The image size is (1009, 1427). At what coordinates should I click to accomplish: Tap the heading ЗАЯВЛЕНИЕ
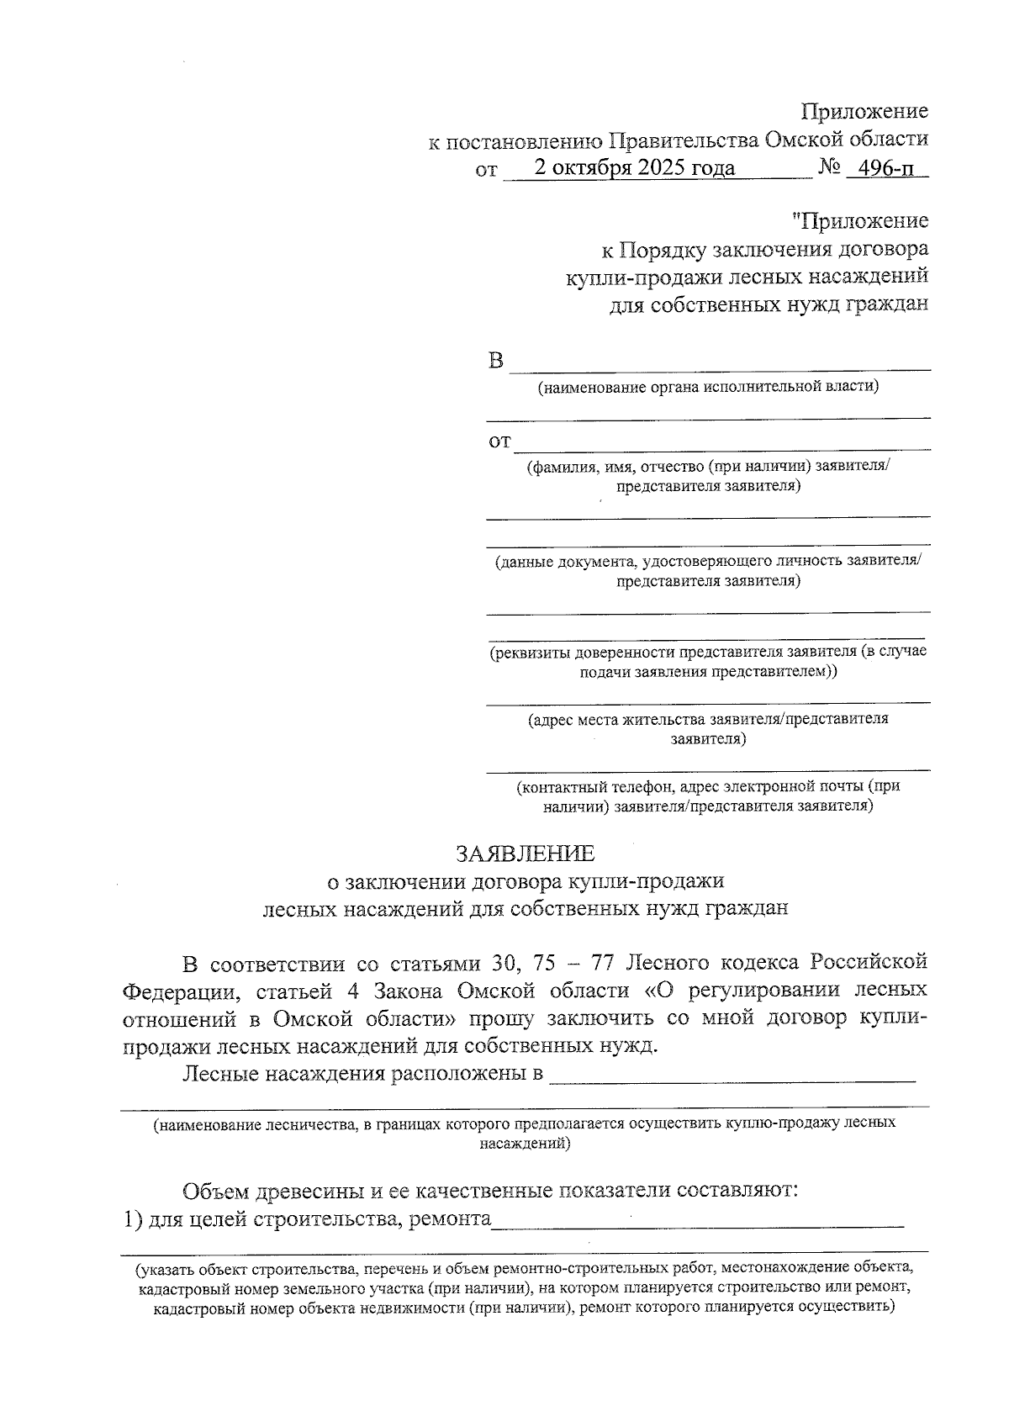pyautogui.click(x=525, y=854)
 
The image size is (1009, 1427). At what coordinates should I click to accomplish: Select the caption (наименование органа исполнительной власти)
pyautogui.click(x=709, y=387)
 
